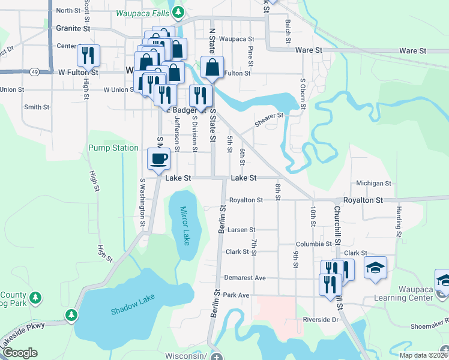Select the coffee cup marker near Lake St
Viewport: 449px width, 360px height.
point(159,159)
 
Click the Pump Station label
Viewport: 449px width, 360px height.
point(113,148)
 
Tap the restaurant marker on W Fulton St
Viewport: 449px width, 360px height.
point(88,56)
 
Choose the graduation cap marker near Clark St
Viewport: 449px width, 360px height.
point(375,267)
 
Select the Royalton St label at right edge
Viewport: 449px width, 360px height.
point(363,200)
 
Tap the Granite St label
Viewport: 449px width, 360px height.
point(73,28)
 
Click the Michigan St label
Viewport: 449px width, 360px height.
point(373,184)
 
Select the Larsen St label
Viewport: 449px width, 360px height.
point(241,230)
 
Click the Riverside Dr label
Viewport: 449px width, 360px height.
point(321,320)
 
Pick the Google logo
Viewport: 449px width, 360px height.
point(20,353)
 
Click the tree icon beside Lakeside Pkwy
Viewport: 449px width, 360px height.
point(71,314)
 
